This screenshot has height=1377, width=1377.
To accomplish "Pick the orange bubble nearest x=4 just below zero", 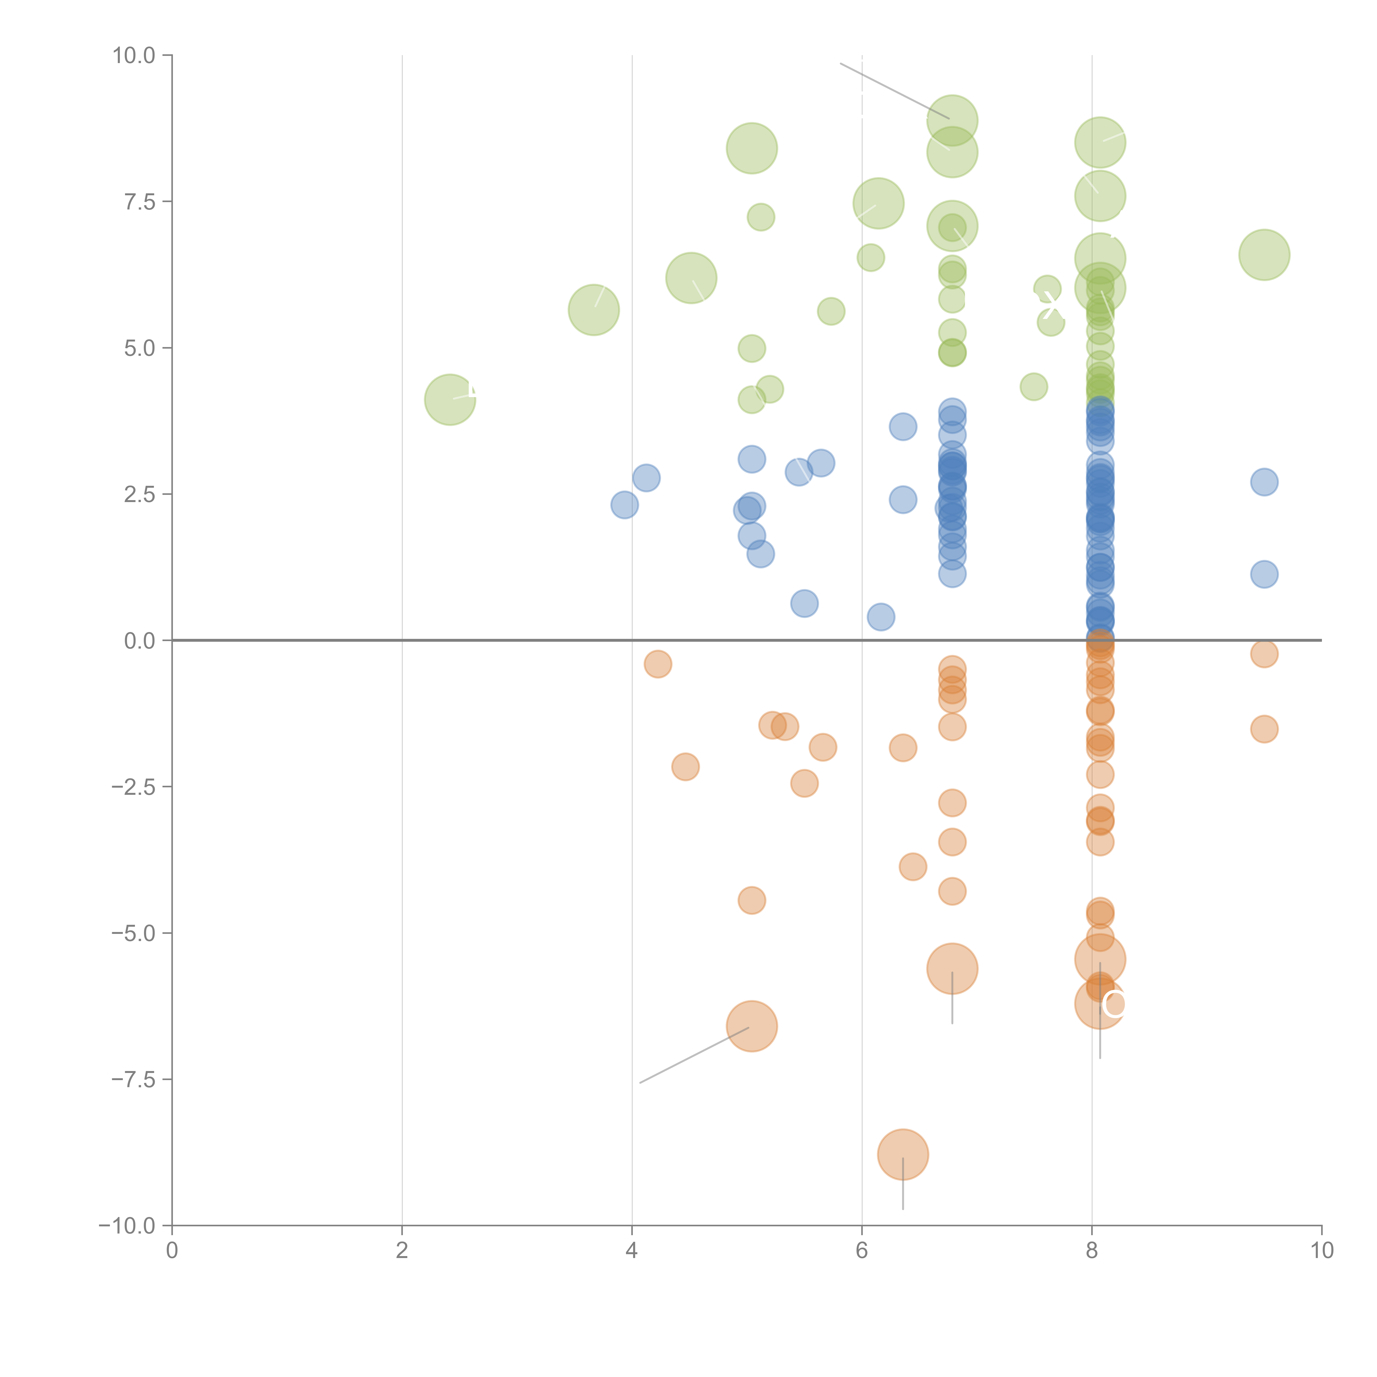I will coord(657,664).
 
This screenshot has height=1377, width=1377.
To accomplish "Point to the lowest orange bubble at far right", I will coord(1264,729).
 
